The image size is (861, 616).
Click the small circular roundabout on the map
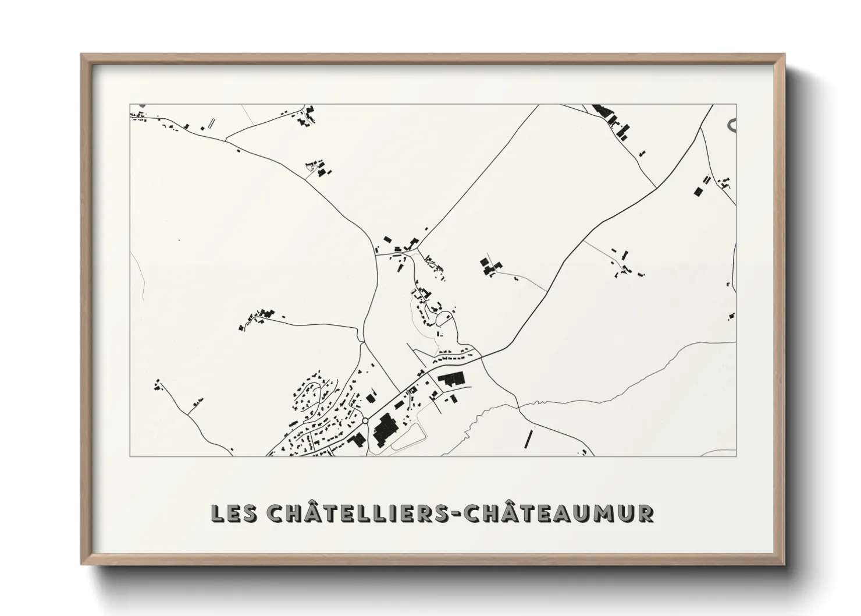365,420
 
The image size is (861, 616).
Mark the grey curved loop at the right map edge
732,124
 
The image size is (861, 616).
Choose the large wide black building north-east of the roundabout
453,381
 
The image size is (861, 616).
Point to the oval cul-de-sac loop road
444,318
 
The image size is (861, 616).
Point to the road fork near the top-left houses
226,140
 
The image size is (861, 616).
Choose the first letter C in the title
275,513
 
